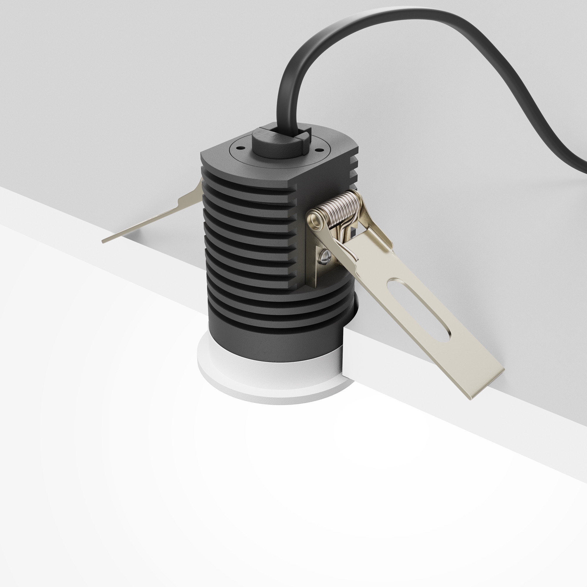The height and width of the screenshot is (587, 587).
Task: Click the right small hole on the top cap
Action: coord(319,150)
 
